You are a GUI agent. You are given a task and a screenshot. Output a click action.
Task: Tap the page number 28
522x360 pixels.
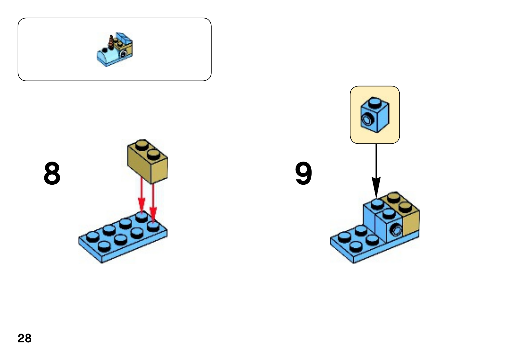tap(24, 338)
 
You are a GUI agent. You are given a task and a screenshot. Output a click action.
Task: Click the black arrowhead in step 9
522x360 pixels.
tap(376, 188)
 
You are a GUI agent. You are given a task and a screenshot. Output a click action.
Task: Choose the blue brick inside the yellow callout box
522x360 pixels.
tap(375, 115)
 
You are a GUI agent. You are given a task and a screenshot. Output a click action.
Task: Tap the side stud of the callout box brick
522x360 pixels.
tap(368, 120)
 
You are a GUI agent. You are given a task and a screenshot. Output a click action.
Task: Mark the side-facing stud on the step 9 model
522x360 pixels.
tap(396, 231)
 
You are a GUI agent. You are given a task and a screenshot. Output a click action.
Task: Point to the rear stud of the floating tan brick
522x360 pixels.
tap(142, 145)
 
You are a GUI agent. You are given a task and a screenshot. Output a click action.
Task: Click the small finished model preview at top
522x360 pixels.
tap(115, 50)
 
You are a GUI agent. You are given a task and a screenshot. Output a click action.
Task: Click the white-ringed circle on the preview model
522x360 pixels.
tap(124, 54)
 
